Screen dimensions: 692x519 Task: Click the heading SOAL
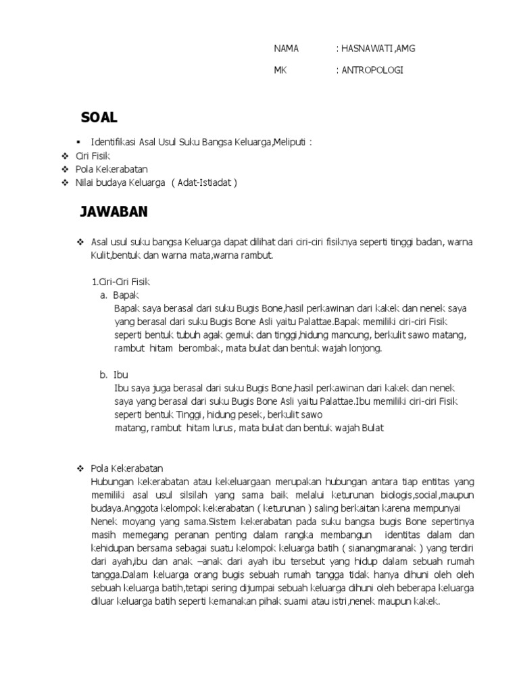pyautogui.click(x=99, y=118)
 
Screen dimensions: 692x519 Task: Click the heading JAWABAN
pyautogui.click(x=114, y=213)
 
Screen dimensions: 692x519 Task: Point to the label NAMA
pyautogui.click(x=286, y=49)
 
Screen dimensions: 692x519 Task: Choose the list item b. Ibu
pyautogui.click(x=114, y=374)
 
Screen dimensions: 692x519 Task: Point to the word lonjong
pyautogui.click(x=366, y=348)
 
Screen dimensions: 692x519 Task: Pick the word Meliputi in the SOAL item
pyautogui.click(x=292, y=142)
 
